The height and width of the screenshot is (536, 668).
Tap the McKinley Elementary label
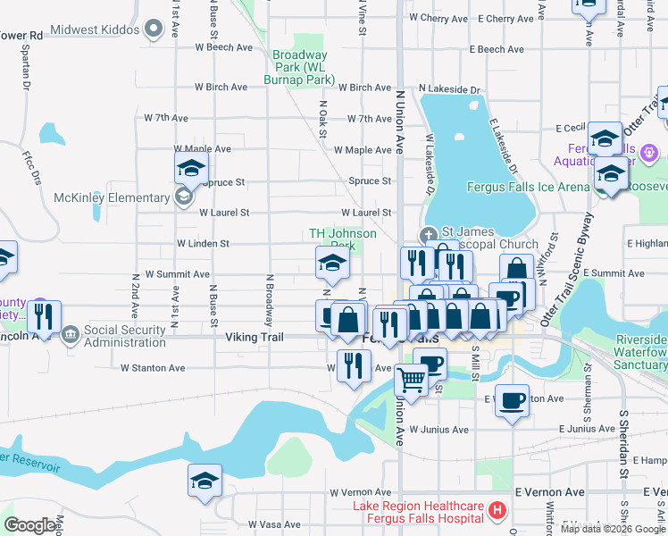[x=112, y=197]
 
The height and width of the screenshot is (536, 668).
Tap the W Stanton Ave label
[x=153, y=367]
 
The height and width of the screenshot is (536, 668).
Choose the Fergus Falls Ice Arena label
[x=529, y=187]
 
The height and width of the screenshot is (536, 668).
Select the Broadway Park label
[x=299, y=67]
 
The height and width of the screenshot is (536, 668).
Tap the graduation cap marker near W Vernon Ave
[x=205, y=481]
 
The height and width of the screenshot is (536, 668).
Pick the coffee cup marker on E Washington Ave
[x=513, y=401]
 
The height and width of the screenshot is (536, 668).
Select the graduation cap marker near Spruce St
[x=191, y=167]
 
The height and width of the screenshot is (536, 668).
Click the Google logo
[x=30, y=525]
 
